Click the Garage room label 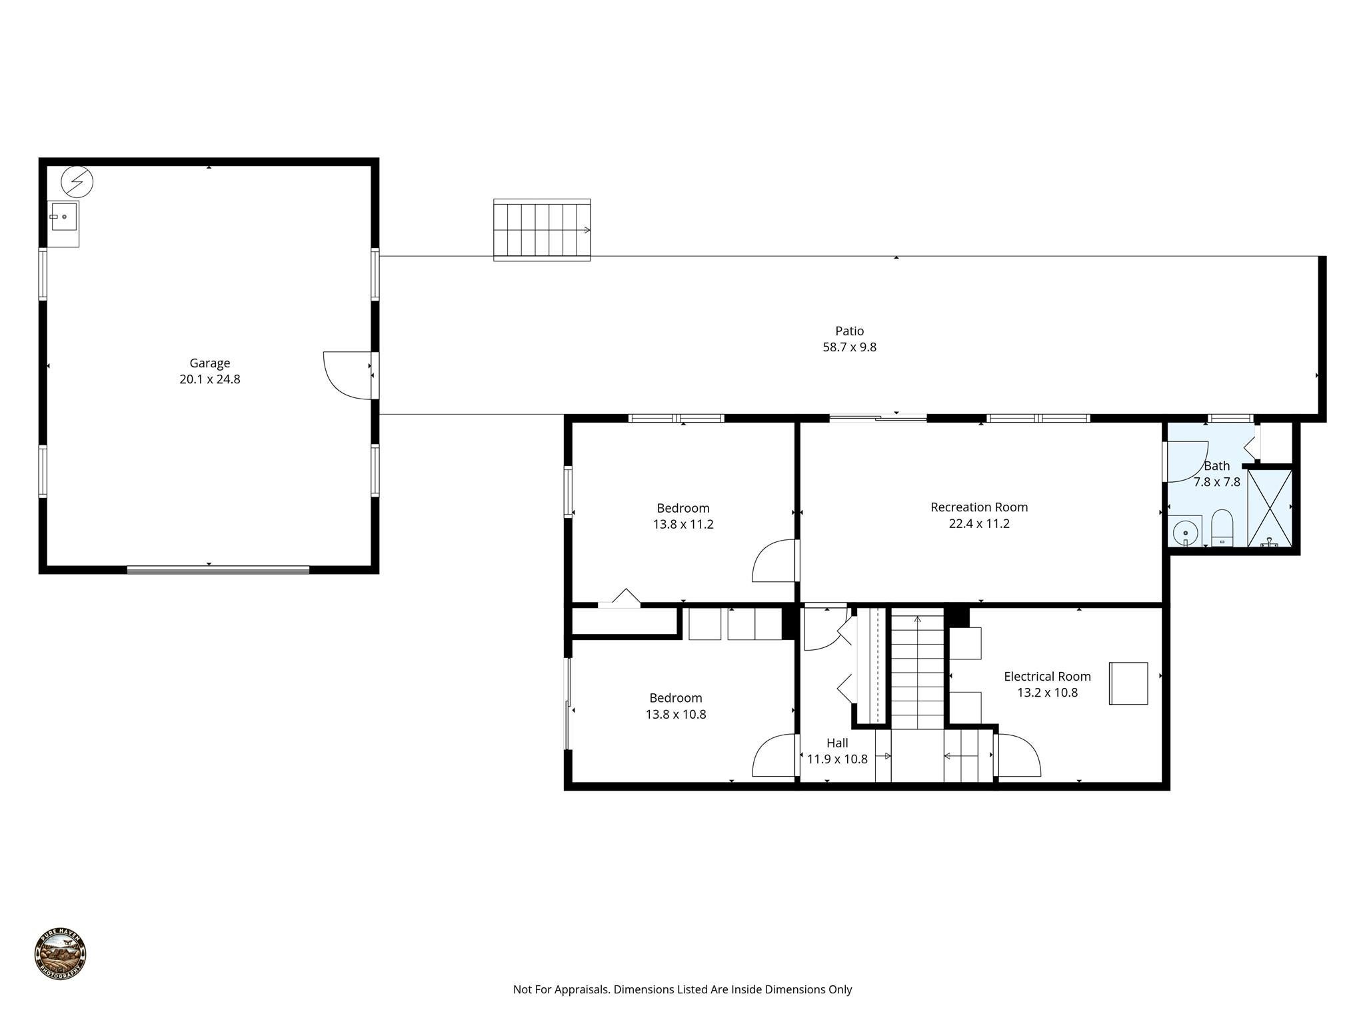(209, 363)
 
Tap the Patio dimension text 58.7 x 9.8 (849, 347)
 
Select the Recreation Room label (978, 507)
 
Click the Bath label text (1216, 466)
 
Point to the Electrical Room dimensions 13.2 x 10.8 (1047, 693)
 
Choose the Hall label (837, 743)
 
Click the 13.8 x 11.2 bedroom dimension (682, 525)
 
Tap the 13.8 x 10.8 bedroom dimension (675, 715)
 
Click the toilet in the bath (1222, 526)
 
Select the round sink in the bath (1185, 533)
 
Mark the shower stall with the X (1269, 508)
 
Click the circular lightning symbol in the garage (77, 181)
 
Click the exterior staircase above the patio (541, 230)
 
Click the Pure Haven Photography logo (60, 954)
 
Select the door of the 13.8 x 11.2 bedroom (774, 561)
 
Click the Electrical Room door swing (1018, 756)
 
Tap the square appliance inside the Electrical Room (1128, 683)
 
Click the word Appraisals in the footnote (582, 989)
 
